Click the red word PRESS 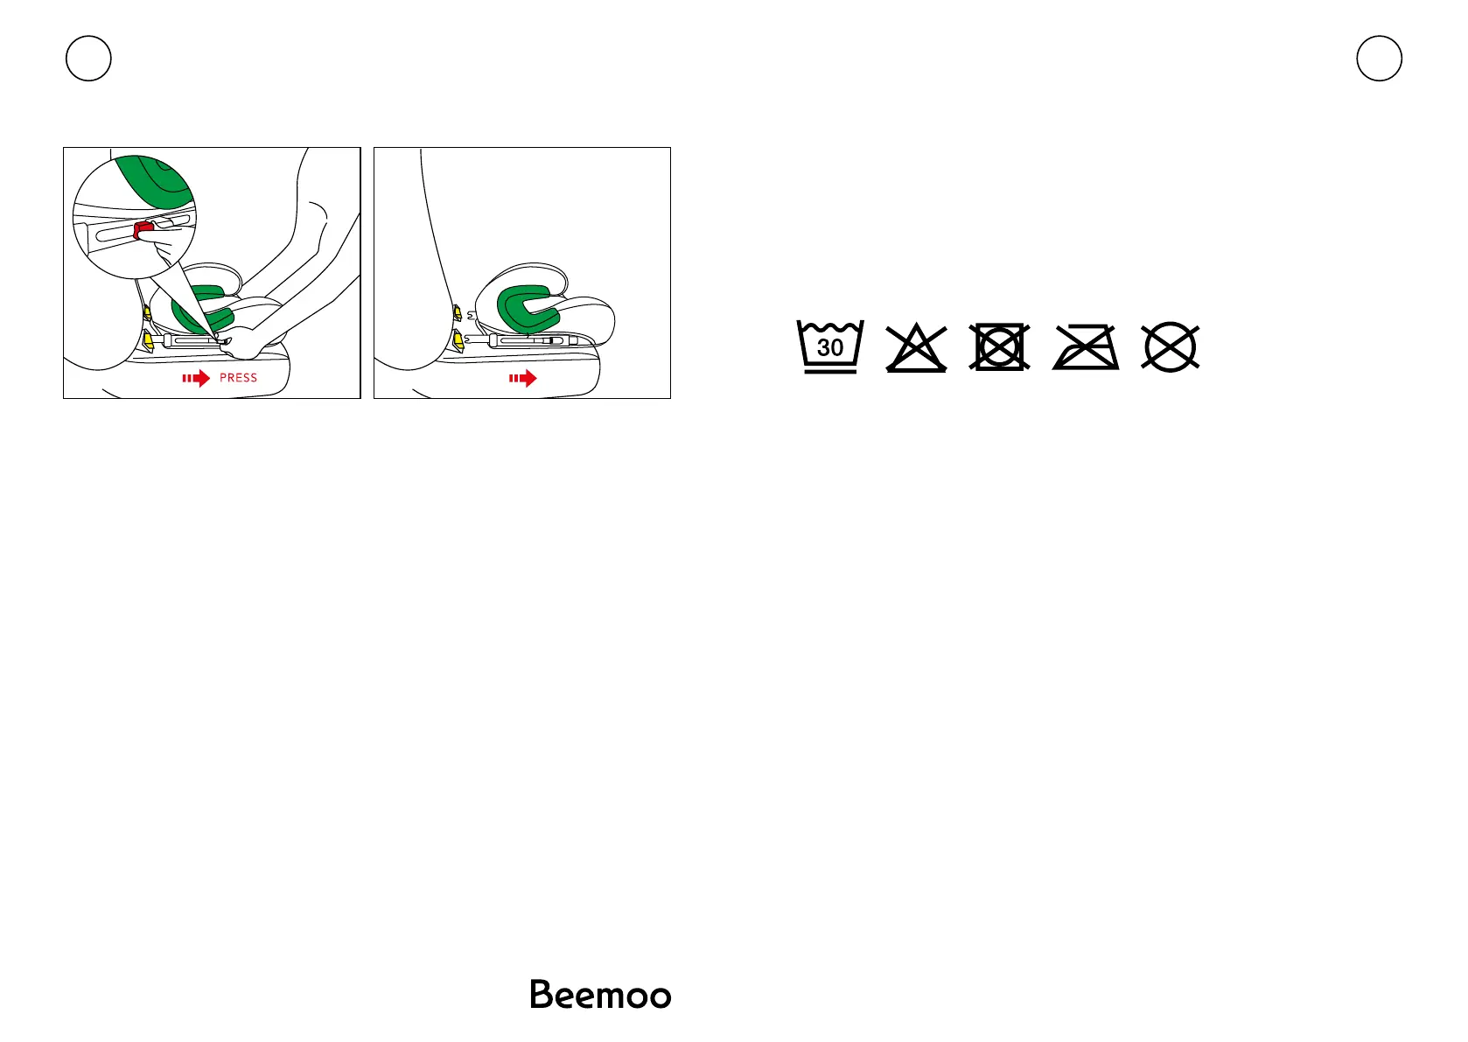(238, 378)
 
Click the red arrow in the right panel (523, 378)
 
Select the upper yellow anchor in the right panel (457, 312)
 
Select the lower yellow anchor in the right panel (457, 338)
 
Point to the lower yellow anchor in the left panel (148, 339)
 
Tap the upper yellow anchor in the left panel (146, 311)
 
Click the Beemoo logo (600, 995)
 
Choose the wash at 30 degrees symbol (829, 346)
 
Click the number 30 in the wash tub (829, 347)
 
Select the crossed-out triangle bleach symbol (916, 348)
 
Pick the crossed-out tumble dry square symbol (999, 347)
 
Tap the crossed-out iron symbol (1086, 348)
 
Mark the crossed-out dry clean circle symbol (1171, 347)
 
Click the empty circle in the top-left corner (88, 59)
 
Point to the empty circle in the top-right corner (1379, 59)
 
